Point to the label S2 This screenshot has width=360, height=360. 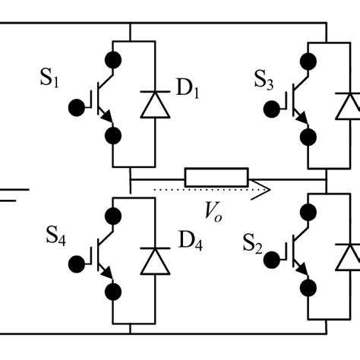pos(254,243)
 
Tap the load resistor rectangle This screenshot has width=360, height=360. pos(216,177)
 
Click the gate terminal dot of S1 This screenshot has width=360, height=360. pos(77,106)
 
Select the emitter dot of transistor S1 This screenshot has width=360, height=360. pos(113,136)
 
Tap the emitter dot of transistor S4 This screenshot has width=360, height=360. pos(113,291)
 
